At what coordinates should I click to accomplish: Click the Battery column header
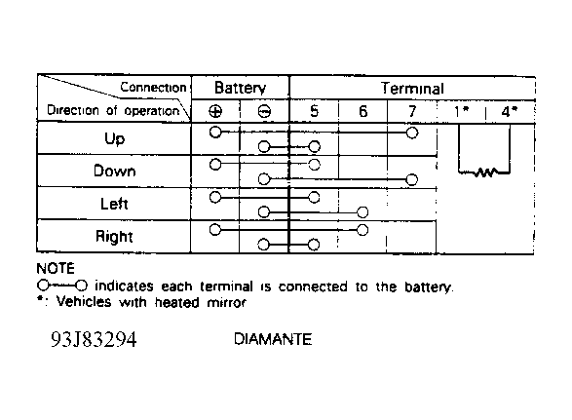[240, 88]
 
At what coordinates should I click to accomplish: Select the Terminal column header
[412, 89]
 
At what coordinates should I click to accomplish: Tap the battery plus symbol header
[215, 111]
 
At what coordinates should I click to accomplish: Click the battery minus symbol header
[264, 111]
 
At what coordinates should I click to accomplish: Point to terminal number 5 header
[314, 111]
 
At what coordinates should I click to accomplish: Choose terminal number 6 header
[362, 111]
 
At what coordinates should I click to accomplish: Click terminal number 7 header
[412, 111]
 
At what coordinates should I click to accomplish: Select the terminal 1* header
[461, 111]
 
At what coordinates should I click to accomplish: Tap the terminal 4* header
[510, 111]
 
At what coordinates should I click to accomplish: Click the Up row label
[114, 139]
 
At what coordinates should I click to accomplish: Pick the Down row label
[115, 171]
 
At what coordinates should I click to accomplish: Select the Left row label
[114, 204]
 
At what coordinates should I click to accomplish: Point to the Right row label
[114, 237]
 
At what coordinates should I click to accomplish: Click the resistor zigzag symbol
[485, 172]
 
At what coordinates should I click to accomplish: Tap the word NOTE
[56, 269]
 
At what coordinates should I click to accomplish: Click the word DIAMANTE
[273, 339]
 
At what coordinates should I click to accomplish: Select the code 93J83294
[94, 339]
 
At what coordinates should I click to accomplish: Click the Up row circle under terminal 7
[412, 133]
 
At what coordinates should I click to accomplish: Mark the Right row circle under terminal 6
[362, 230]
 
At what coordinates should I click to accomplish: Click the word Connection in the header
[153, 88]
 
